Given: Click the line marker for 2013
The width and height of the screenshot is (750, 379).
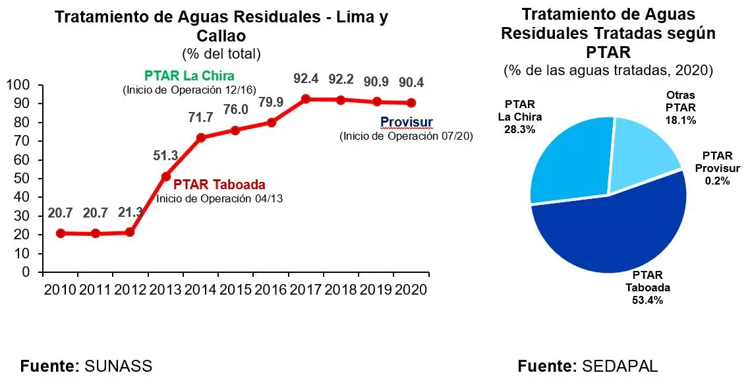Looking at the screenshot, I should pyautogui.click(x=165, y=177).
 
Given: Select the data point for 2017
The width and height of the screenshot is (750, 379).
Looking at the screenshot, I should pyautogui.click(x=306, y=99).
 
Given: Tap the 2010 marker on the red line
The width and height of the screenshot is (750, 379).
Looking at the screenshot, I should pyautogui.click(x=60, y=233).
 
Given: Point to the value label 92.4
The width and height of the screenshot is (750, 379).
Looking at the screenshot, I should pyautogui.click(x=306, y=79).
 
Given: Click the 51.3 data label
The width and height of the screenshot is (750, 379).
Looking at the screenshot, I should pyautogui.click(x=165, y=156).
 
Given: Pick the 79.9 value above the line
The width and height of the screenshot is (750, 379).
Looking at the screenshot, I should pyautogui.click(x=271, y=102).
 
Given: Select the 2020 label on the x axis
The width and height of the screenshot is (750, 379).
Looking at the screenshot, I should pyautogui.click(x=411, y=289).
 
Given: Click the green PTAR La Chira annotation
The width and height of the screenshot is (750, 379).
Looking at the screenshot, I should pyautogui.click(x=189, y=76).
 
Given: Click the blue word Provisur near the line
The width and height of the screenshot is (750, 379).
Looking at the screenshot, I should pyautogui.click(x=407, y=123).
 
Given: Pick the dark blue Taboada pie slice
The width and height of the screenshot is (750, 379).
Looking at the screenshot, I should pyautogui.click(x=613, y=231).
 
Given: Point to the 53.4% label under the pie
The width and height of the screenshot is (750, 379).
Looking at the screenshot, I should pyautogui.click(x=647, y=301).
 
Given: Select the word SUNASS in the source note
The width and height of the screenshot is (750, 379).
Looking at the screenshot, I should pyautogui.click(x=119, y=366).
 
